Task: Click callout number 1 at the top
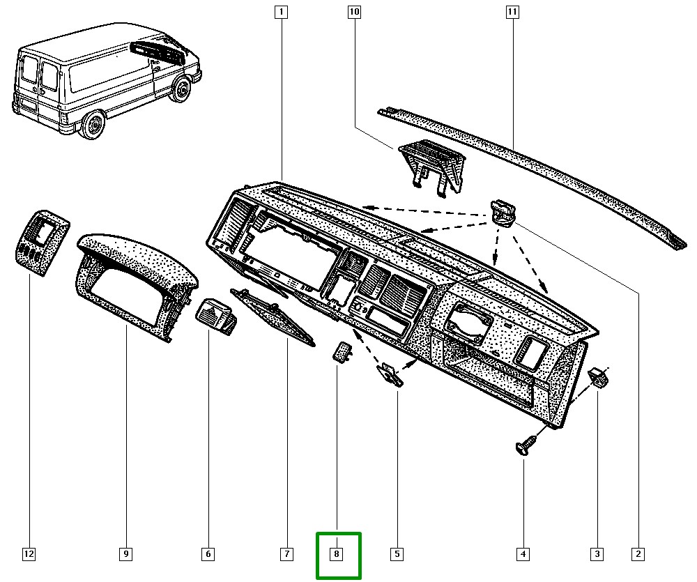281,12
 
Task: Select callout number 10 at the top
354,12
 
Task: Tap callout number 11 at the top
512,12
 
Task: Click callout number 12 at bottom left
29,555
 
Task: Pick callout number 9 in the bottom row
125,555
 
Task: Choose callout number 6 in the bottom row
208,555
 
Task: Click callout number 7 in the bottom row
286,555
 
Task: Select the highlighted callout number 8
337,555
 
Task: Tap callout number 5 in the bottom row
396,555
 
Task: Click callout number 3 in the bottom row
597,555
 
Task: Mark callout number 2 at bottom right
637,555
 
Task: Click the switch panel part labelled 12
42,239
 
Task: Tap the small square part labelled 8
341,352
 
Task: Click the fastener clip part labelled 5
390,374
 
